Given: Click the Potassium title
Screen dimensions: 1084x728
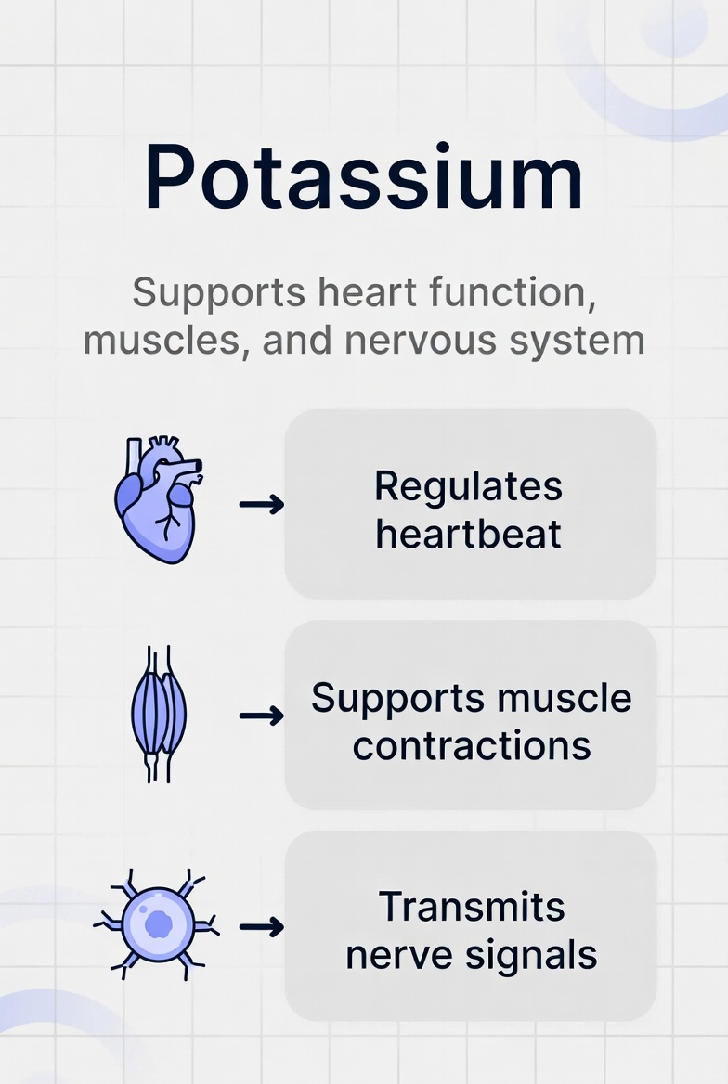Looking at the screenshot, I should point(364,178).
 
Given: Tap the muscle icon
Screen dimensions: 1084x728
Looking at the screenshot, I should point(158,714).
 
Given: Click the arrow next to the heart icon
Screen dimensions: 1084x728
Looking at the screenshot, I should point(261,504).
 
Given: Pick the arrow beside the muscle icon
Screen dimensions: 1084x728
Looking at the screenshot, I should point(261,716).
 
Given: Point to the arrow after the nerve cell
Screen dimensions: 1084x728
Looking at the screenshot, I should point(261,926).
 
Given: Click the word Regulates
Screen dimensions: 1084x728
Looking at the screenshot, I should point(468,486).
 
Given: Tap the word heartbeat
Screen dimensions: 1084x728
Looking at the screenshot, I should point(468,535).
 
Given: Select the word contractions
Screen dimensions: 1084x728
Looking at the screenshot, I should point(472,746).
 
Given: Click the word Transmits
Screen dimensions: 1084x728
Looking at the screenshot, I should point(472,906).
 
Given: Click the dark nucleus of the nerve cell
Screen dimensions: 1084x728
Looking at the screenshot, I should point(159,924).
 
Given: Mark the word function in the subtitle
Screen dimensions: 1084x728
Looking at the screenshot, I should point(510,293).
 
